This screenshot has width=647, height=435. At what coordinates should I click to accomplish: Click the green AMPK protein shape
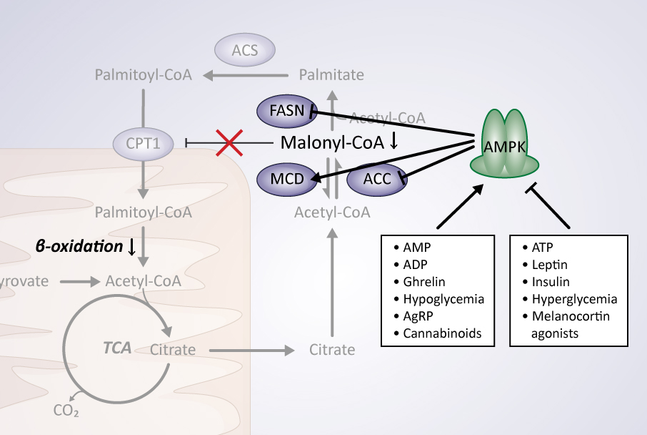[x=504, y=147]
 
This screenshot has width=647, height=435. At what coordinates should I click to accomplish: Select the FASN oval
[x=286, y=111]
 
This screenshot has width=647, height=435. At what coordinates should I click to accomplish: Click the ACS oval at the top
[x=245, y=50]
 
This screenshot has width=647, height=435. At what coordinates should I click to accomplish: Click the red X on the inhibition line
[x=229, y=143]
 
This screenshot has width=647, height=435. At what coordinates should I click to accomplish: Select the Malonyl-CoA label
[x=333, y=142]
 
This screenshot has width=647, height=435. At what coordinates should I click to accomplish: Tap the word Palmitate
[x=331, y=74]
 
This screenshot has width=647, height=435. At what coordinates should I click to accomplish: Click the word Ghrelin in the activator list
[x=424, y=281]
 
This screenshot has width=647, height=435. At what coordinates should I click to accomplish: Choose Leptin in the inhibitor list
[x=550, y=265]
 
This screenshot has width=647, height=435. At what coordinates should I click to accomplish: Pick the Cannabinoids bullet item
[x=442, y=333]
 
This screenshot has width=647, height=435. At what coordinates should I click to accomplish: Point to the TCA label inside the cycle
[x=117, y=349]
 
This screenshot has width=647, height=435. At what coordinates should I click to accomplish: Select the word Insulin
[x=551, y=281]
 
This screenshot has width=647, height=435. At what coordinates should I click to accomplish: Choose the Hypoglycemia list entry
[x=443, y=298]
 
